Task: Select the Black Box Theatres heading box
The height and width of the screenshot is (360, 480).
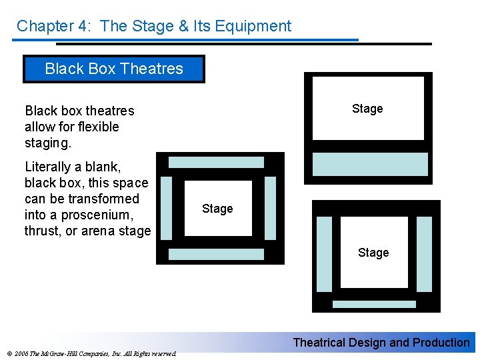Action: click(x=114, y=69)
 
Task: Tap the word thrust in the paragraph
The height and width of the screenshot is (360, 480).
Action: click(x=42, y=231)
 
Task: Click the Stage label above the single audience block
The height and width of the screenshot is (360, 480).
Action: click(x=367, y=109)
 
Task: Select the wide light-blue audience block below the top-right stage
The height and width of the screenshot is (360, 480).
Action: click(x=370, y=164)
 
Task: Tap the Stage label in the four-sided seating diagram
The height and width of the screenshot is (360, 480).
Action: click(x=217, y=209)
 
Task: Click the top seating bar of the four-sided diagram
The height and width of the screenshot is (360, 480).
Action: click(x=216, y=162)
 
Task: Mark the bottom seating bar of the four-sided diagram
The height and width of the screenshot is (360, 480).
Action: click(x=216, y=254)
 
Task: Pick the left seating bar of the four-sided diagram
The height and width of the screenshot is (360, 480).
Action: click(x=167, y=207)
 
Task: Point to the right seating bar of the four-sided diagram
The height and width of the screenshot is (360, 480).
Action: click(x=270, y=207)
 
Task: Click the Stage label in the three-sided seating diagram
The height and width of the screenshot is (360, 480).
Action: click(x=373, y=253)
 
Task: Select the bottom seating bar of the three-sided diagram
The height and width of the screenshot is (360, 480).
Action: click(x=373, y=304)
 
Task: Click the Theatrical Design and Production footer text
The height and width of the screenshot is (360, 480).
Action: click(x=381, y=343)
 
